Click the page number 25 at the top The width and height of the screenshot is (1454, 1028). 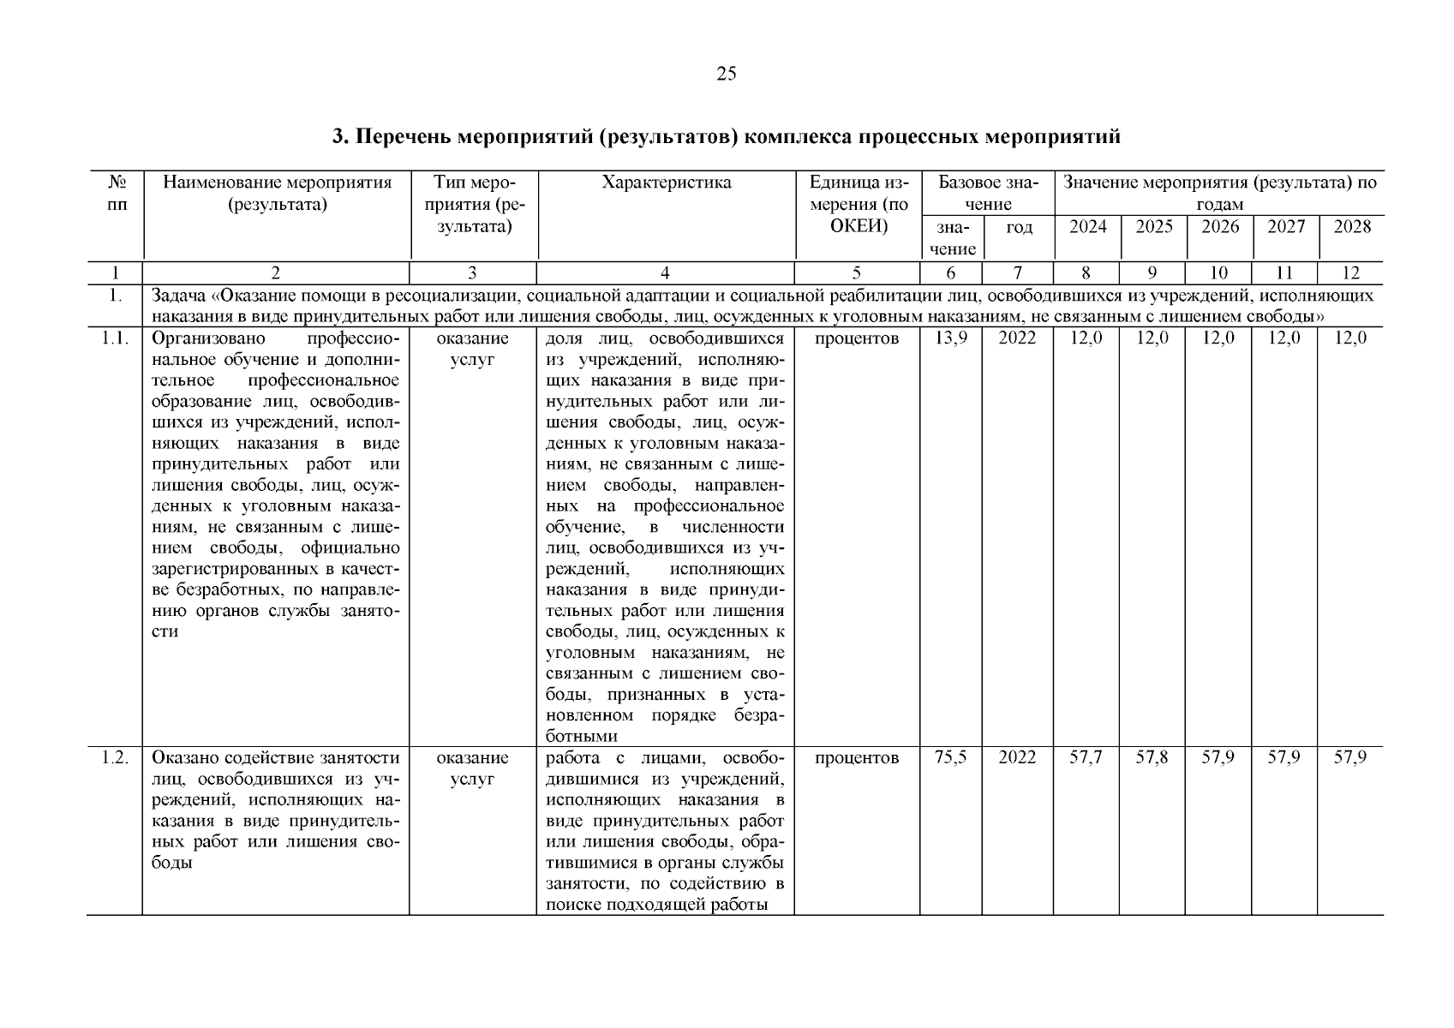pos(726,74)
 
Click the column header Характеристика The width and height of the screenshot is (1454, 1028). pos(666,182)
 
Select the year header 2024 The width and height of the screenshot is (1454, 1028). pos(1087,227)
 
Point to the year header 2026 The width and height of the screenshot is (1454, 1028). pos(1220,227)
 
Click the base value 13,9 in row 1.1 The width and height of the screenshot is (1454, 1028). pos(951,338)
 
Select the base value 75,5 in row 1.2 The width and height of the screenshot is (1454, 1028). pos(951,758)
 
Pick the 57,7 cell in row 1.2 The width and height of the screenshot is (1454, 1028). pos(1086,758)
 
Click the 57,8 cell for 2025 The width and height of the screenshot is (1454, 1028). pos(1152,758)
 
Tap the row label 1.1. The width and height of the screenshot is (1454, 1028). pos(115,338)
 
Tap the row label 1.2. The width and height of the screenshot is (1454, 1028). pos(115,758)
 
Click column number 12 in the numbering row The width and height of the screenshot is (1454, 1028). pos(1350,273)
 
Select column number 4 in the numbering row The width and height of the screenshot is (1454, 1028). pos(666,273)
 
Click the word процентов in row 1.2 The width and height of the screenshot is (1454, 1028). pos(857,758)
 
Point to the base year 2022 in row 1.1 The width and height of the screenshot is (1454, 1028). pos(1017,338)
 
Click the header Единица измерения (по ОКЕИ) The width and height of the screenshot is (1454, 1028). pos(859,205)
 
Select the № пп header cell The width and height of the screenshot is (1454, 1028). pos(115,194)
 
